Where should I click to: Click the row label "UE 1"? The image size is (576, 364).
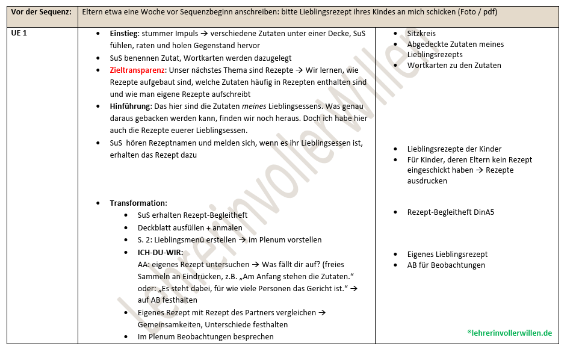click(x=19, y=34)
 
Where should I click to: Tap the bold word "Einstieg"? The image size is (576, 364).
click(x=125, y=34)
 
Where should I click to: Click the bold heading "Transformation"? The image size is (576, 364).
click(x=138, y=203)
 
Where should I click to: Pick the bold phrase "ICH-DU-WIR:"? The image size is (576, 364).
click(x=161, y=252)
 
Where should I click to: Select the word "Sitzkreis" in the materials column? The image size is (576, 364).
click(x=421, y=34)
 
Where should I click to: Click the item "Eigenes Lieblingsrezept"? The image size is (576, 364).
click(x=447, y=254)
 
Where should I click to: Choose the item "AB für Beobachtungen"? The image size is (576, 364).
click(x=446, y=265)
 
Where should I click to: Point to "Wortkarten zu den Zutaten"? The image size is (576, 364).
click(x=454, y=66)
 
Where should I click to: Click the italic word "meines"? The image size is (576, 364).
click(x=253, y=106)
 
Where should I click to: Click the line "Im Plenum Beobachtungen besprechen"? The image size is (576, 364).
click(x=205, y=337)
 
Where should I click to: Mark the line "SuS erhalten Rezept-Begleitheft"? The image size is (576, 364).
click(x=192, y=215)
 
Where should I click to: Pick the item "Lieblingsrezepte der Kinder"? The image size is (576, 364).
click(x=454, y=149)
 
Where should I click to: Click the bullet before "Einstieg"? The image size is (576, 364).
click(x=99, y=34)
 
